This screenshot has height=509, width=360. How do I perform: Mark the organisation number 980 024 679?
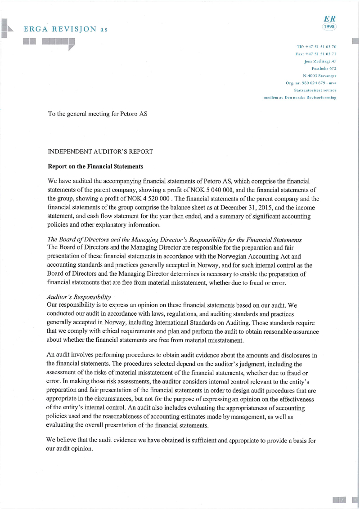click(307, 83)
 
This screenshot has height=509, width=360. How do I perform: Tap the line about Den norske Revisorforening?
click(300, 97)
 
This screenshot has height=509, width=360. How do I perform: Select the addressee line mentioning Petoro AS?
click(98, 114)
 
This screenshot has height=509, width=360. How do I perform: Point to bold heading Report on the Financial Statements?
click(95, 166)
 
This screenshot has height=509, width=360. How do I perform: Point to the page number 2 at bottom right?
click(354, 500)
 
